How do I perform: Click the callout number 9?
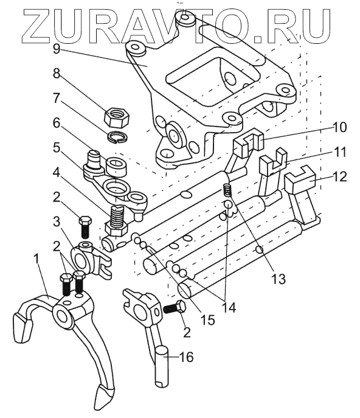[57, 49]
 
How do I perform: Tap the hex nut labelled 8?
[116, 117]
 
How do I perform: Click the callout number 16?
[186, 357]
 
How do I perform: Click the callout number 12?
[339, 176]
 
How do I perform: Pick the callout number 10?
[339, 127]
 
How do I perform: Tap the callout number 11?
[339, 152]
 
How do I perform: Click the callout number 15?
[208, 319]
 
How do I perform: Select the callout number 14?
[229, 308]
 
